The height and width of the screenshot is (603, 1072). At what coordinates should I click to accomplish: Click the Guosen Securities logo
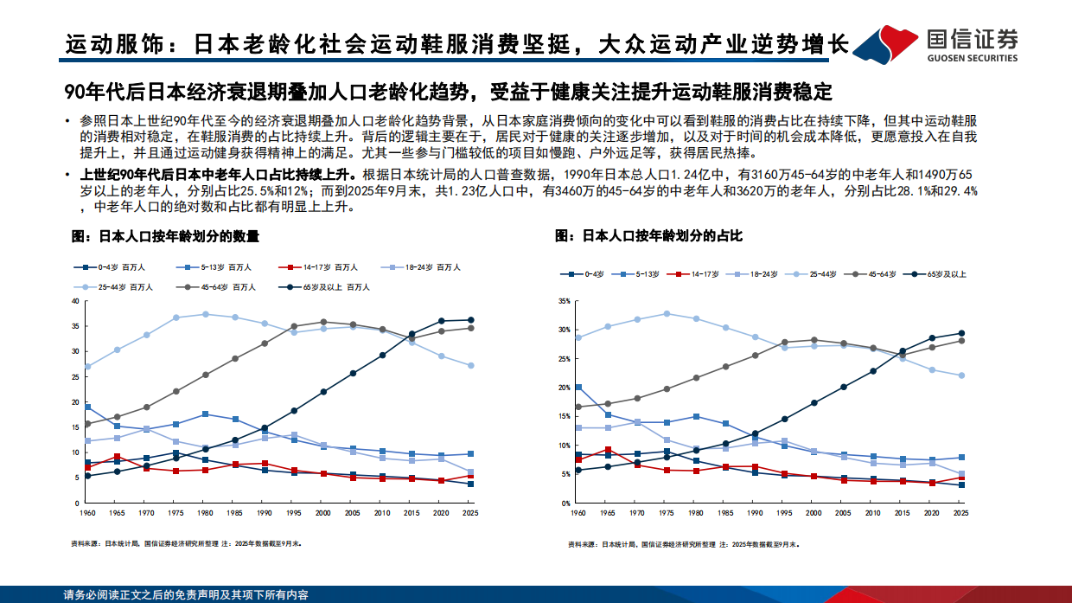click(x=947, y=42)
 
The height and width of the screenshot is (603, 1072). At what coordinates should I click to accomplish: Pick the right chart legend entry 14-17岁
click(x=699, y=273)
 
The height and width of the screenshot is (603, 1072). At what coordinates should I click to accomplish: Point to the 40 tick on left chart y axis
click(x=75, y=301)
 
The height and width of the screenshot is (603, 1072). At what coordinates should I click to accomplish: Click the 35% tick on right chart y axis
click(x=564, y=301)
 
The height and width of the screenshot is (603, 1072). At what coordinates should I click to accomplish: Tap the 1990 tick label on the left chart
click(x=265, y=514)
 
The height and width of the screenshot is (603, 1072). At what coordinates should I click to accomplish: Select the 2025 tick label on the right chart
click(x=960, y=514)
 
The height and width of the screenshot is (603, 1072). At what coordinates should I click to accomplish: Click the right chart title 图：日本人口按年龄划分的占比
click(x=648, y=235)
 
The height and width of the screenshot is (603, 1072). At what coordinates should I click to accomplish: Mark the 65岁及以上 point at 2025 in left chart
click(x=470, y=320)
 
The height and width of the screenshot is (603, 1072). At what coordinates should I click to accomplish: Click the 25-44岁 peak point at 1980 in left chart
click(x=205, y=314)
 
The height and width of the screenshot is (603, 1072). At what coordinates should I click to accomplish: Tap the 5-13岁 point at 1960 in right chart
click(x=577, y=388)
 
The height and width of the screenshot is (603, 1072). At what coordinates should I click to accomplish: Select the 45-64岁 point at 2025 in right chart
click(x=960, y=341)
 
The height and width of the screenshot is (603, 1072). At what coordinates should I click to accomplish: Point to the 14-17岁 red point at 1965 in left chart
click(x=117, y=457)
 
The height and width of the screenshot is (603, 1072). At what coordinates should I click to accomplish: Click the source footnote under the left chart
click(x=186, y=544)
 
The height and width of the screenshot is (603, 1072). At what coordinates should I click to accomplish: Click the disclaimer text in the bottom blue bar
click(x=186, y=595)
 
